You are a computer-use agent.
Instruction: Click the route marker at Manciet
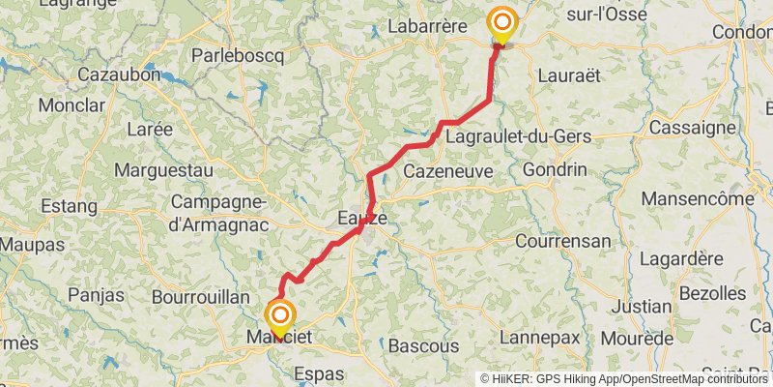pos(280,315)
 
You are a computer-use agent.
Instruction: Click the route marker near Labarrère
pos(502,22)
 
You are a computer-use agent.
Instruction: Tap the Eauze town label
pos(362,219)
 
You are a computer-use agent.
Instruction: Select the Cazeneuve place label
pos(448,170)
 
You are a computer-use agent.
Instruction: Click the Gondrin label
pos(554,169)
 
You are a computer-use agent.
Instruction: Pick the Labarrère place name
pos(427,26)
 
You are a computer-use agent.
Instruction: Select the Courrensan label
pos(563,241)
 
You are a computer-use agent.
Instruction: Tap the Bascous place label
pos(423,345)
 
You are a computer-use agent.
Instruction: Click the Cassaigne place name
pos(692,127)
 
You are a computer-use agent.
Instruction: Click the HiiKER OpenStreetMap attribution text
pos(625,378)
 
